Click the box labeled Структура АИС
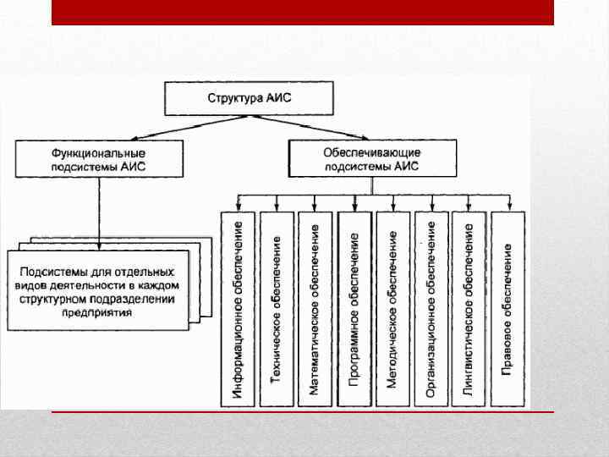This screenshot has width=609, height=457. [249, 98]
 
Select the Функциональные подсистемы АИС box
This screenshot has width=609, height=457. [98, 159]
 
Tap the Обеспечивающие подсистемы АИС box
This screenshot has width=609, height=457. [371, 159]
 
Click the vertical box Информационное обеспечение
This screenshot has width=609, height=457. [238, 310]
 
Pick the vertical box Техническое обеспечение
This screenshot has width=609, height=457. [276, 310]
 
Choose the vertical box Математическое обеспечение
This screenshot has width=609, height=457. [315, 310]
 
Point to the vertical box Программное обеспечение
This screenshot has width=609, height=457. [354, 310]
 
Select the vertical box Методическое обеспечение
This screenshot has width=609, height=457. [392, 310]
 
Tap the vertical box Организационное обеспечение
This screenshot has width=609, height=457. [431, 310]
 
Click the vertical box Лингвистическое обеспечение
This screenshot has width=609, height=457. [469, 310]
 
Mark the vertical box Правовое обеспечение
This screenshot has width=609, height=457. [507, 310]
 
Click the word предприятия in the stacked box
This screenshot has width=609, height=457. [96, 312]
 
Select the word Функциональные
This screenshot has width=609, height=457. [98, 153]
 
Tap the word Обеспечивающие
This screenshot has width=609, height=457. [371, 152]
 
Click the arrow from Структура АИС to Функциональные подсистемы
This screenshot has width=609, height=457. [169, 127]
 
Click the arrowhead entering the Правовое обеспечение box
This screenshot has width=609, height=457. [507, 207]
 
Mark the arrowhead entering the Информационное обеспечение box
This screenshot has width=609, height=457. [238, 207]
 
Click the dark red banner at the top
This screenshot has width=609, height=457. [302, 12]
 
